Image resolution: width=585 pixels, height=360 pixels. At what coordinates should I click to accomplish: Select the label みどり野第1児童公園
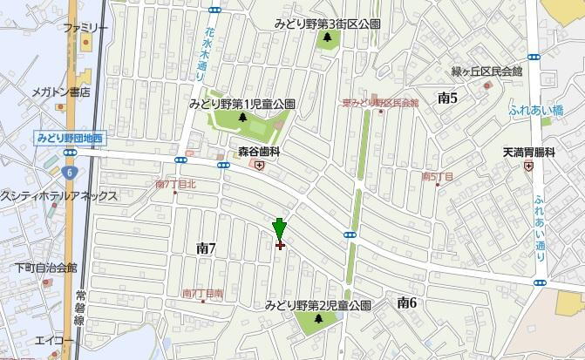coord(241,104)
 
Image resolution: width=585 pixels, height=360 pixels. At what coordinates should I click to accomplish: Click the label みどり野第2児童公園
coord(318,305)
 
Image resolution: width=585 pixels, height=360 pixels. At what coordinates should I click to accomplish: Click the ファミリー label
coord(85,28)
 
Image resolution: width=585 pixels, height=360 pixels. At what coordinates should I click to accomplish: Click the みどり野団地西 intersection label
coord(70,138)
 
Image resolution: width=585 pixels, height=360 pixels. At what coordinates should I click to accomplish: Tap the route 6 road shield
coord(67,154)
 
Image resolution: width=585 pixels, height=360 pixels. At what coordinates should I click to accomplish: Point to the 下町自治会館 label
coord(46,268)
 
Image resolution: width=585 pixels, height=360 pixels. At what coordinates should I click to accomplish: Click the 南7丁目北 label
coord(175,184)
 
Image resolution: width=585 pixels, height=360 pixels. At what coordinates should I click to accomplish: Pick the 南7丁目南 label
coord(202,293)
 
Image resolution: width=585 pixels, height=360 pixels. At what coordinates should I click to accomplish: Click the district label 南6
coord(406,302)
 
